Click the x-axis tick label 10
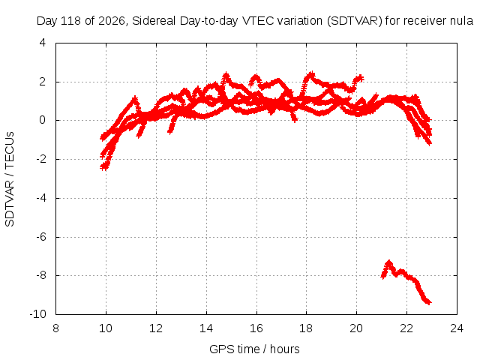106,328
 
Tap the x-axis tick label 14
206,328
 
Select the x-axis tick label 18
306,328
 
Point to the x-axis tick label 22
406,328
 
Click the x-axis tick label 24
457,328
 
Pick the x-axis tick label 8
55,328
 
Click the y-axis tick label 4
43,43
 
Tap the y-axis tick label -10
38,314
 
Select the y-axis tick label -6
41,237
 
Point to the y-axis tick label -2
41,159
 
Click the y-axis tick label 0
43,120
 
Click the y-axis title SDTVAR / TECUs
10,179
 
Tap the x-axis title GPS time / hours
254,349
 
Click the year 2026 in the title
112,21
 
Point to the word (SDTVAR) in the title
355,21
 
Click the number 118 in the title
71,21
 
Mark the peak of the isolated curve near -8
389,262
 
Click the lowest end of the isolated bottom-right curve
429,302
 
